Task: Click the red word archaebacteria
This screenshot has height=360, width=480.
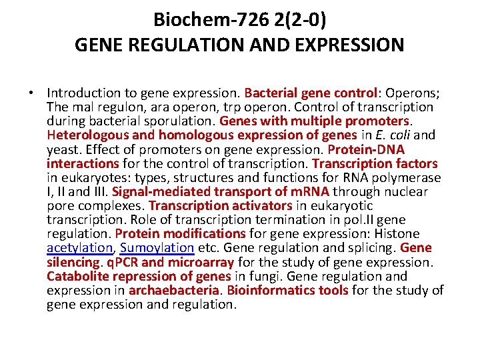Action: coord(174,290)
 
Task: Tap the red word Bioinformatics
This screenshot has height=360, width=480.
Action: coord(269,290)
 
